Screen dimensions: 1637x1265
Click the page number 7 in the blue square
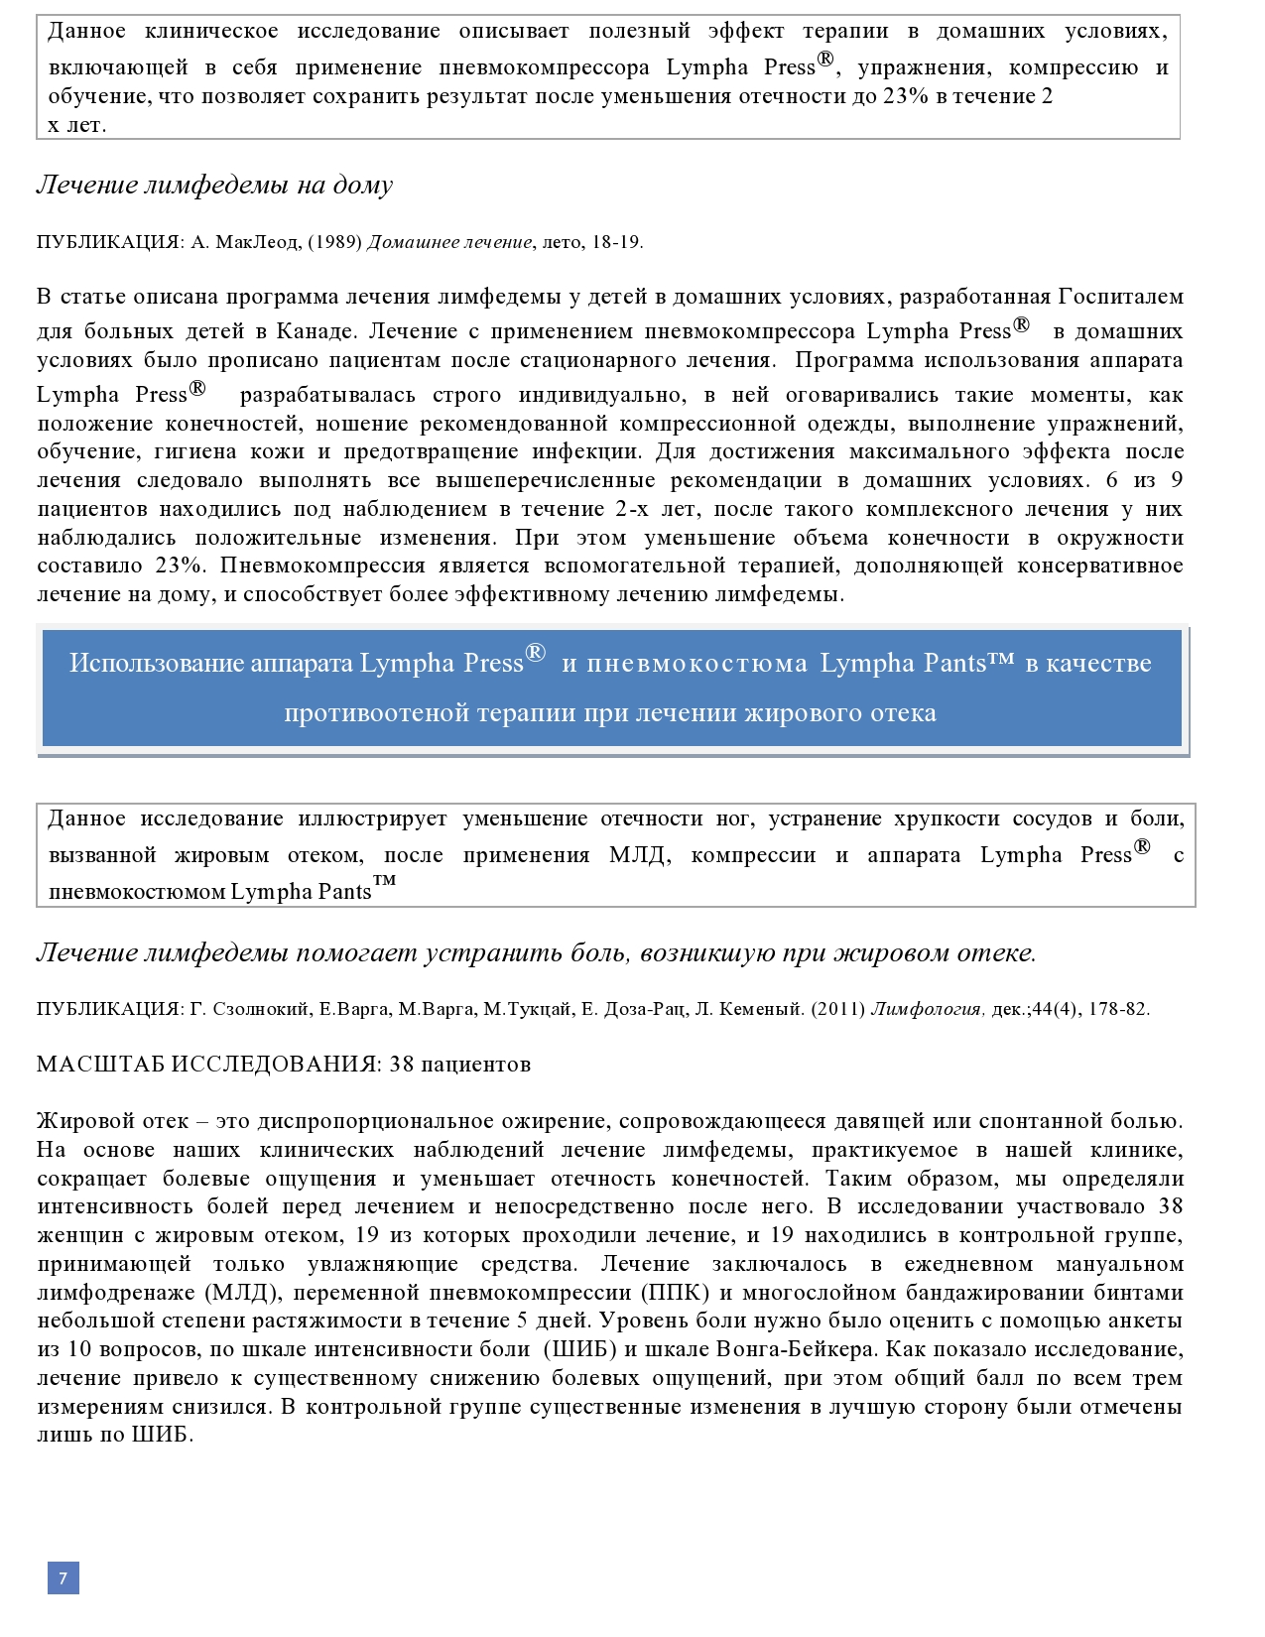(63, 1577)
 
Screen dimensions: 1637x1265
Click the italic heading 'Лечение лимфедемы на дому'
(214, 186)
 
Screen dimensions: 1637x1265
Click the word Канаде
(317, 331)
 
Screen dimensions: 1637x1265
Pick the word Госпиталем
(1121, 297)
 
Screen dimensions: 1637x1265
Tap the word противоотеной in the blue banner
(363, 713)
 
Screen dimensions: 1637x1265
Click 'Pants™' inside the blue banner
(972, 663)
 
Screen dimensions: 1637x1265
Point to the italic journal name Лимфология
(926, 1009)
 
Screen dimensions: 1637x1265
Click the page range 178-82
(1118, 1009)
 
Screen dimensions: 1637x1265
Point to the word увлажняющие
(382, 1264)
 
